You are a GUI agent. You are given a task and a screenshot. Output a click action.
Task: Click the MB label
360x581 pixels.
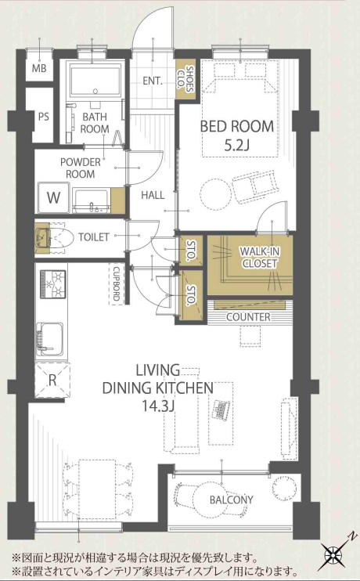tap(39, 68)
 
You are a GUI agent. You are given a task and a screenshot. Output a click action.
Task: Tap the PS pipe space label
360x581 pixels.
tap(43, 117)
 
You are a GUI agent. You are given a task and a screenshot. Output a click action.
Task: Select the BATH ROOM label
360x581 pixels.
tap(95, 123)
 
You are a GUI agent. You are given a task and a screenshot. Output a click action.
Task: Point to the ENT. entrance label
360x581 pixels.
tap(153, 81)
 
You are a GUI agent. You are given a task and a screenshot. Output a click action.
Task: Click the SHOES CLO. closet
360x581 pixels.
tap(185, 79)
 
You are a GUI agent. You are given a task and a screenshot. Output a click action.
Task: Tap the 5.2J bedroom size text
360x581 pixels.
tap(236, 146)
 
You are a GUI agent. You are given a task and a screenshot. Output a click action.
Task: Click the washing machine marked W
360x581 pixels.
tap(54, 197)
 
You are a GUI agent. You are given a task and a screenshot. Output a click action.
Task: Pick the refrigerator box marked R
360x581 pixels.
tap(52, 381)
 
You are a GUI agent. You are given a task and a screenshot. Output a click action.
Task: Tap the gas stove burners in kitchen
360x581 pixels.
tap(53, 283)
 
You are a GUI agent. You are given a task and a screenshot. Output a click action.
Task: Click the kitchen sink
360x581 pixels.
tap(49, 339)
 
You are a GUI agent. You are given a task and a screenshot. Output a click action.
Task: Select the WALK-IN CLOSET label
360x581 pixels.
tap(259, 257)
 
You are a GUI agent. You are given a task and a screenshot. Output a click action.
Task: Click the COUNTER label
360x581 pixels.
tap(248, 317)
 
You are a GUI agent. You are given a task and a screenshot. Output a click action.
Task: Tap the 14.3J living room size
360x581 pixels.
tap(158, 406)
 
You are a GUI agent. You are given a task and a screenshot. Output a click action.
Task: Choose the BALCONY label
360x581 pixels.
tap(232, 500)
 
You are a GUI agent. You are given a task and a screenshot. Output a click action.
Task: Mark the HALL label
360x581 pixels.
tap(153, 195)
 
